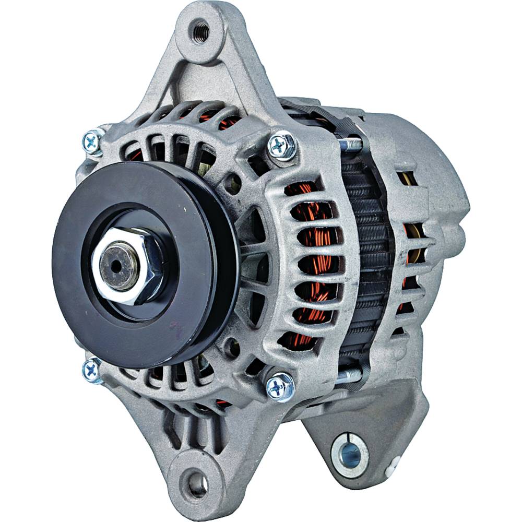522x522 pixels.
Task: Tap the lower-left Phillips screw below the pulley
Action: (92, 369)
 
